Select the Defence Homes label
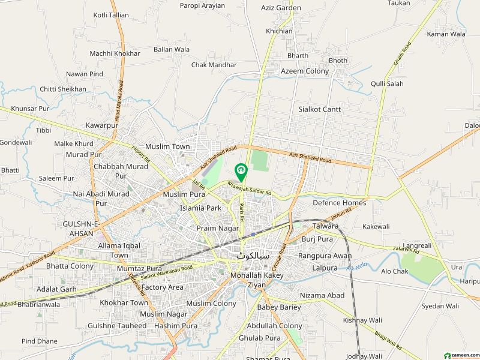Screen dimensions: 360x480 point(339,203)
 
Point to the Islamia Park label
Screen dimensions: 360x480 point(200,208)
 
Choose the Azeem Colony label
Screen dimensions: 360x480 point(305,71)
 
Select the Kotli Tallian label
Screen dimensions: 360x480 point(111,15)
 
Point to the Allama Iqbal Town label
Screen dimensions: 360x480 point(116,250)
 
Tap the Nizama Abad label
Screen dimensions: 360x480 point(323,295)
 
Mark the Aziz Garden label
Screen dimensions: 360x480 point(281,8)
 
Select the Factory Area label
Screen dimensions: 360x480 point(163,287)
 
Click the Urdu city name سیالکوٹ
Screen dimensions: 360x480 point(247,256)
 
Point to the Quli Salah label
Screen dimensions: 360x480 point(387,83)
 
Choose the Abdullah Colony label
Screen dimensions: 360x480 point(274,326)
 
